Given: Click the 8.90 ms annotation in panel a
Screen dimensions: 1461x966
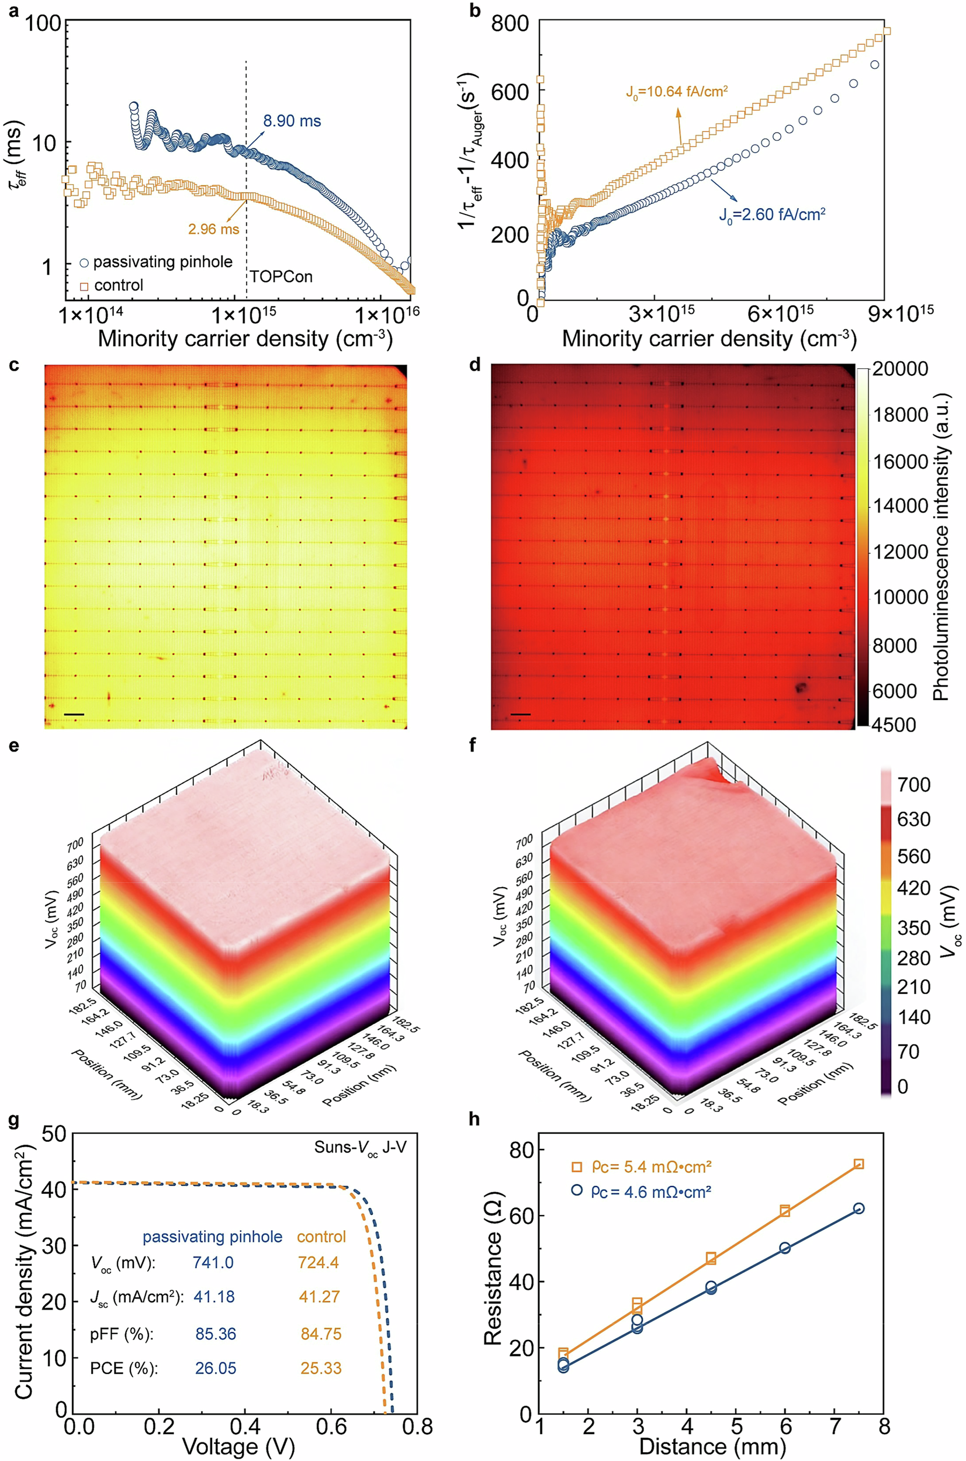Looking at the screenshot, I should (292, 122).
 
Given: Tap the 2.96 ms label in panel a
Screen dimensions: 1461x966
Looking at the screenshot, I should (213, 229).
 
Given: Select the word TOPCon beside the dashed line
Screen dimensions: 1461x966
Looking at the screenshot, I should (281, 276).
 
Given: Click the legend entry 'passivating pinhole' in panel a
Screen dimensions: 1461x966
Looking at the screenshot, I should (162, 262).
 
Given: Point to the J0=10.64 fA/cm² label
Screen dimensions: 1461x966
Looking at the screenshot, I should (677, 92).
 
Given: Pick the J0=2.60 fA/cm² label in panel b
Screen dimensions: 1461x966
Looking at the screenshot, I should (772, 215).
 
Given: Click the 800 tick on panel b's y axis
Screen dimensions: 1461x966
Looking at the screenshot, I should (510, 23).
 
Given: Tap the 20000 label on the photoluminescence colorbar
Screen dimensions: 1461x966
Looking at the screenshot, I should (901, 369).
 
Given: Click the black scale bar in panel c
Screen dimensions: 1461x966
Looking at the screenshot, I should (73, 715).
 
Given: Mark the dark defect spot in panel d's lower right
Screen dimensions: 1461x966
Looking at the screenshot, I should (801, 687).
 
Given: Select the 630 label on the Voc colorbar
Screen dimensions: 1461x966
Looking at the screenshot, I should (913, 819).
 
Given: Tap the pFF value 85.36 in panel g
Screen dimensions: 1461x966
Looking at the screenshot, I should (216, 1334).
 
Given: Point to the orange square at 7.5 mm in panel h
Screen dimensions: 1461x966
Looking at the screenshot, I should (858, 1164).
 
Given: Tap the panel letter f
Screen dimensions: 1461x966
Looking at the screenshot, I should (473, 746).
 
